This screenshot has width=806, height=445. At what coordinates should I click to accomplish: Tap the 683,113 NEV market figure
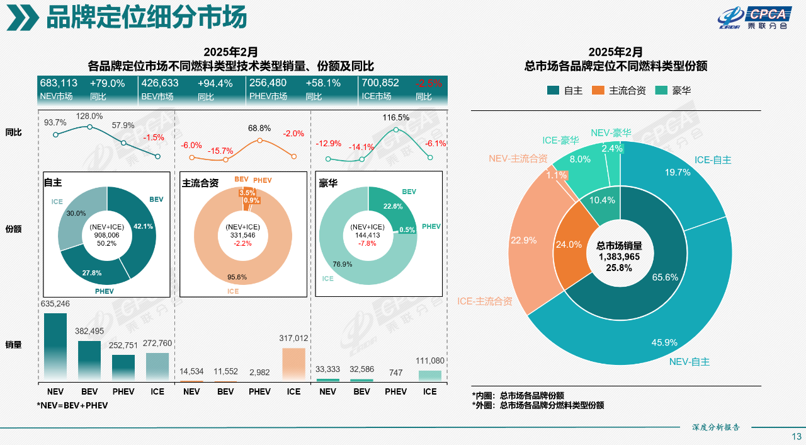click(x=59, y=83)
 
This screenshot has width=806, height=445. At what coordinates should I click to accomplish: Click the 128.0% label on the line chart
click(x=89, y=116)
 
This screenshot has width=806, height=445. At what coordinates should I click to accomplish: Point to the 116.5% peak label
click(x=396, y=117)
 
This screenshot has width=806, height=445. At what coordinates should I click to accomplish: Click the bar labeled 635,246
click(x=55, y=347)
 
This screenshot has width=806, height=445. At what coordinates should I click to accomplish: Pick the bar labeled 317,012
click(x=293, y=364)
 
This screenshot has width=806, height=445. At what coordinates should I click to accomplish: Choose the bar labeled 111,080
click(x=429, y=375)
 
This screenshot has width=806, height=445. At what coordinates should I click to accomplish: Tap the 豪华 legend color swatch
click(x=661, y=90)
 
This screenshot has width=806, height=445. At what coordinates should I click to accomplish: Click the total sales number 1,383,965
click(x=619, y=257)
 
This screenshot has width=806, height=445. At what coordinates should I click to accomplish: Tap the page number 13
click(x=796, y=436)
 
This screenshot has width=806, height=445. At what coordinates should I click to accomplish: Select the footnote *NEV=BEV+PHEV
click(x=72, y=405)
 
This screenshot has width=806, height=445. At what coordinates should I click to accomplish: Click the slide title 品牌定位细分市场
click(x=146, y=18)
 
